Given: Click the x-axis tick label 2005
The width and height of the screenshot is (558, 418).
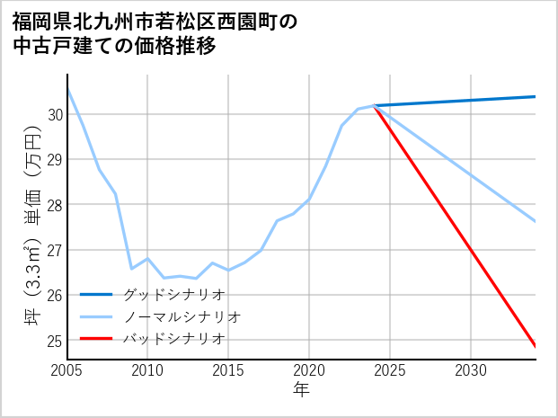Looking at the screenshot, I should pos(67,370).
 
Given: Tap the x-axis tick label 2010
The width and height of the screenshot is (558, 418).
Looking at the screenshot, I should pos(147,370).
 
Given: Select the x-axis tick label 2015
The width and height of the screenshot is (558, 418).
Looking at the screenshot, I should pos(228,370).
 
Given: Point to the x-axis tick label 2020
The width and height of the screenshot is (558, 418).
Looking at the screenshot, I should pos(309,370).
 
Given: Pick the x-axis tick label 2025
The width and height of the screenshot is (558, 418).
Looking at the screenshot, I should pos(390,370).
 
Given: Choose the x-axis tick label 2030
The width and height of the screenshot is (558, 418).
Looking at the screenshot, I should pos(471,370).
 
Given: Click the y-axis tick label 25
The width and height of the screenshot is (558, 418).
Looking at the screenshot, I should pos(56,341).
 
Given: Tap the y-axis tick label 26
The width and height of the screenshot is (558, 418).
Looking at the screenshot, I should pos(56,296).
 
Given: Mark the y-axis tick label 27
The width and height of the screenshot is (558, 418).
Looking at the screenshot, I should pos(56,250).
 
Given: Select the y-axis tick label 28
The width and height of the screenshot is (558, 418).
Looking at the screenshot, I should pos(56,205).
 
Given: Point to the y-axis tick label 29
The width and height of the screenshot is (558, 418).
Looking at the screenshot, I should pos(56,160).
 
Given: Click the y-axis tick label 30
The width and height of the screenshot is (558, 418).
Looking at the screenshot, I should pos(56,115).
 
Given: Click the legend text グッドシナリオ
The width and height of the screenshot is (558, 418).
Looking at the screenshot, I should pos(173,294).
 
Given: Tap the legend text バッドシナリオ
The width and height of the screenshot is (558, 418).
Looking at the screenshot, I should pos(173,339).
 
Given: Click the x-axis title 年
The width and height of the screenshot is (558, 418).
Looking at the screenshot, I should pos(302,390).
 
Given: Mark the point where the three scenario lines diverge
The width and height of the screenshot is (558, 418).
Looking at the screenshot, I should pos(374,106).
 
